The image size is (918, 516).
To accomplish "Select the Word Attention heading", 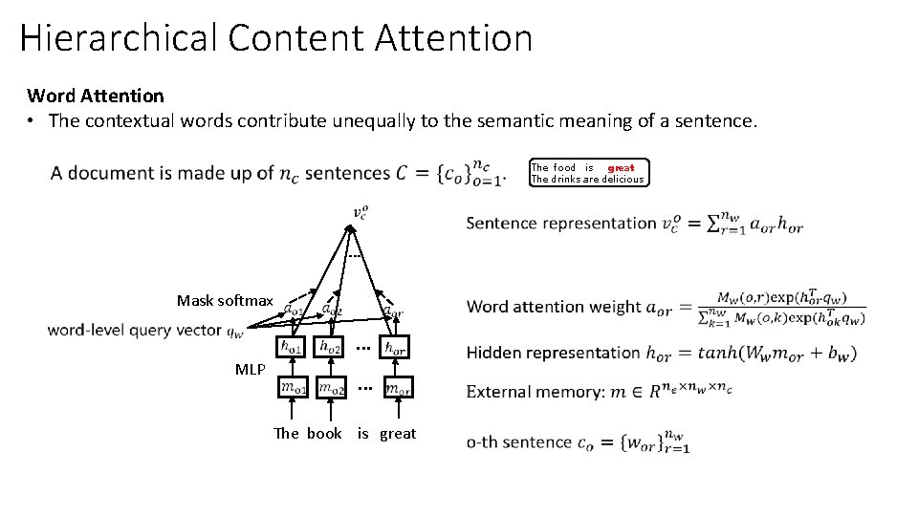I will click(x=96, y=96).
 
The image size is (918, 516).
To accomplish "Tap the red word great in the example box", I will click(x=621, y=167).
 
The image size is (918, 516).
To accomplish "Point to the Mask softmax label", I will click(x=225, y=301).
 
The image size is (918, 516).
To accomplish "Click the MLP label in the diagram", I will click(x=250, y=369).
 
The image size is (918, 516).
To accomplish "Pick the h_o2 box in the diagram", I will click(x=330, y=349).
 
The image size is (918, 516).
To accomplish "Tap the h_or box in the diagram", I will click(x=393, y=349).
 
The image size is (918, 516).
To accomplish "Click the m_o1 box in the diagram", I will click(x=293, y=389).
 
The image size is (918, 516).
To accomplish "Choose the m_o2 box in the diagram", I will click(x=331, y=389).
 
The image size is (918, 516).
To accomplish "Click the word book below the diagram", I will click(x=324, y=434).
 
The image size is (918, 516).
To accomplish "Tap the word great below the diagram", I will click(x=398, y=434).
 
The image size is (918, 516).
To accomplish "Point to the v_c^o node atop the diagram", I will click(x=359, y=212).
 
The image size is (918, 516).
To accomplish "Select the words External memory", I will click(x=527, y=393).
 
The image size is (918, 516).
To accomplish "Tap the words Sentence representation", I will click(x=561, y=224).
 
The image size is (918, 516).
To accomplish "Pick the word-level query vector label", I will click(x=135, y=331).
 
